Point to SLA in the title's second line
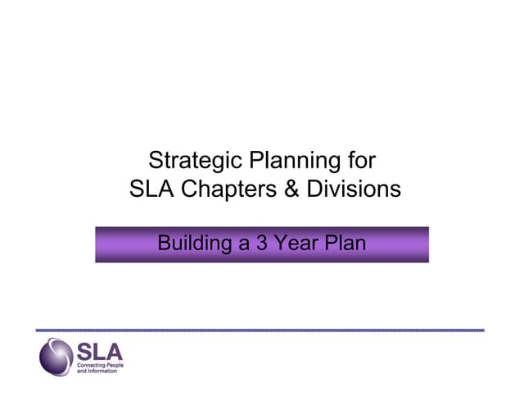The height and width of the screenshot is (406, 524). point(151,190)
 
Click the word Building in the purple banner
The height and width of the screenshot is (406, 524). point(193,244)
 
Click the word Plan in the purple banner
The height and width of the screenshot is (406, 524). point(346,244)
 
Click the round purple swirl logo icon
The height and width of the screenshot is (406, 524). point(56,358)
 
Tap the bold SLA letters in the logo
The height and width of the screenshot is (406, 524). point(99,352)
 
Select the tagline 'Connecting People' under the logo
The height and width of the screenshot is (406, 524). point(97,366)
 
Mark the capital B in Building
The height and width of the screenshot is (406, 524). point(164,244)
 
